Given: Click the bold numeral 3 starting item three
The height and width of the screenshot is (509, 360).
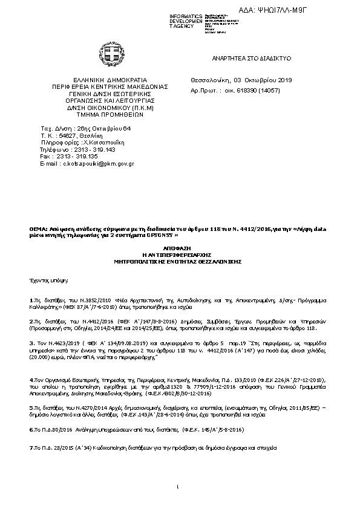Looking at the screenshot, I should pyautogui.click(x=30, y=342).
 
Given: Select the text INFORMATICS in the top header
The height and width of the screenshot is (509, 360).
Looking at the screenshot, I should pyautogui.click(x=186, y=15).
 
